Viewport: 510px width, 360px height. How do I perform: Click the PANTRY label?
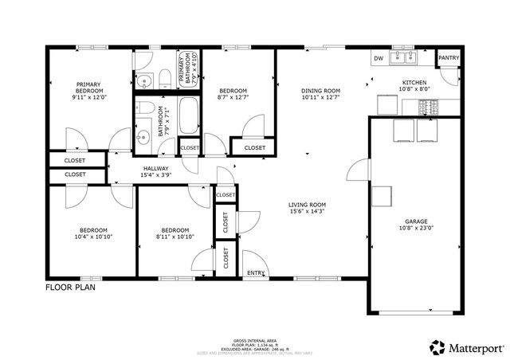(x=448, y=58)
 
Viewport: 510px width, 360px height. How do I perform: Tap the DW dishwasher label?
(x=379, y=58)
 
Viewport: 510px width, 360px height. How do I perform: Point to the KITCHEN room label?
(x=414, y=83)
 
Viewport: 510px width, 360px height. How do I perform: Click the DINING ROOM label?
(x=320, y=90)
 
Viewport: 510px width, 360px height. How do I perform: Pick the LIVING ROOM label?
(x=307, y=205)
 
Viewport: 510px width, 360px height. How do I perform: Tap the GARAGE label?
(x=416, y=221)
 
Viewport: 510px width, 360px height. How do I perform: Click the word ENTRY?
(x=256, y=273)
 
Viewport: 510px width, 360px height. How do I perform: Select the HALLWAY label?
(x=155, y=169)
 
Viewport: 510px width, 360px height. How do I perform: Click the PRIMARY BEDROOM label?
(x=88, y=88)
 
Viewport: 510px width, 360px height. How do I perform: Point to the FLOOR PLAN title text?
(x=70, y=288)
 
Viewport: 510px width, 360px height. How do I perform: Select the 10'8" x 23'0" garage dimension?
(x=416, y=229)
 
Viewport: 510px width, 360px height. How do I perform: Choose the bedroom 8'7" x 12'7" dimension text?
(x=233, y=98)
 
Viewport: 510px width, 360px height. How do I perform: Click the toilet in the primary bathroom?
(x=163, y=77)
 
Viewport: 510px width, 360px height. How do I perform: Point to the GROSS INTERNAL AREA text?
(x=254, y=338)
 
